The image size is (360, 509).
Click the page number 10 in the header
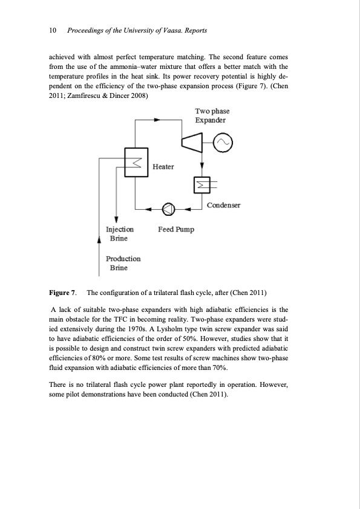point(52,30)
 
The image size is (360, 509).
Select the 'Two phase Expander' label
point(212,115)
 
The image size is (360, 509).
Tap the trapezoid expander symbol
point(192,143)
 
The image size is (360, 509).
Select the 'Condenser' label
point(223,206)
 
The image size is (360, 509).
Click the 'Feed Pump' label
point(175,230)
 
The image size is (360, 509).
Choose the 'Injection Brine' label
point(120,234)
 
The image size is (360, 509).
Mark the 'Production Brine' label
point(123,263)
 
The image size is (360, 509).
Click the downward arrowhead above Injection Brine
point(116,221)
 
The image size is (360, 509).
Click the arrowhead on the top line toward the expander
point(157,120)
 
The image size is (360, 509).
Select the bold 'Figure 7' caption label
point(62,294)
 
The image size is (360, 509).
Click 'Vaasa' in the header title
point(163,30)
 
